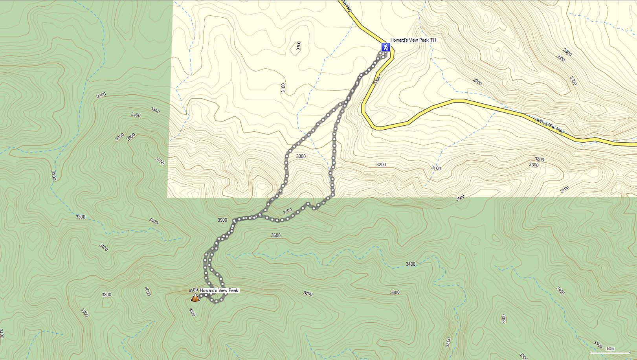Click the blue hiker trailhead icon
pos(386,48)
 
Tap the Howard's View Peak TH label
pos(413,40)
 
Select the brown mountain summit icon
pos(195,298)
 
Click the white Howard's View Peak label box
pos(219,291)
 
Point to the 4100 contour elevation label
pos(193,290)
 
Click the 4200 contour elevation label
pos(192,312)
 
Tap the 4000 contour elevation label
pos(147,292)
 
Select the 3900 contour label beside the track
pos(222,220)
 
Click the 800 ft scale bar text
pos(610,349)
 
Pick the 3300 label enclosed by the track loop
pos(301,156)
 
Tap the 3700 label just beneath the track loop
pos(287,211)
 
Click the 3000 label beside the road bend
pos(377,80)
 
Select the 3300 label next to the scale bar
pos(598,345)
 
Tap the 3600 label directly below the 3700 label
pos(275,235)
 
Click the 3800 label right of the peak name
pos(308,294)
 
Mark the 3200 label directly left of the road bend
pos(381,165)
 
